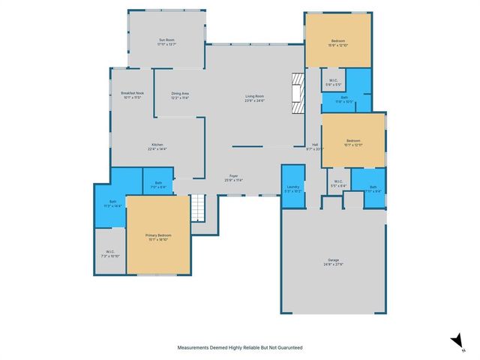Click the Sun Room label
coord(166,40)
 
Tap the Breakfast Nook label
coord(132,93)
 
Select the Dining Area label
coord(180,94)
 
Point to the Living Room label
coord(255,96)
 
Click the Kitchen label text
coord(157,145)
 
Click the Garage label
coord(333,260)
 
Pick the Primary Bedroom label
coord(157,235)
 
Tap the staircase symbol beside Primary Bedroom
coord(196,207)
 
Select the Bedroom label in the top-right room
coord(338,40)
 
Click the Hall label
coord(316,145)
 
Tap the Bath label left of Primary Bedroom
coord(111,202)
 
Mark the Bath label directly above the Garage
coord(368,187)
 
